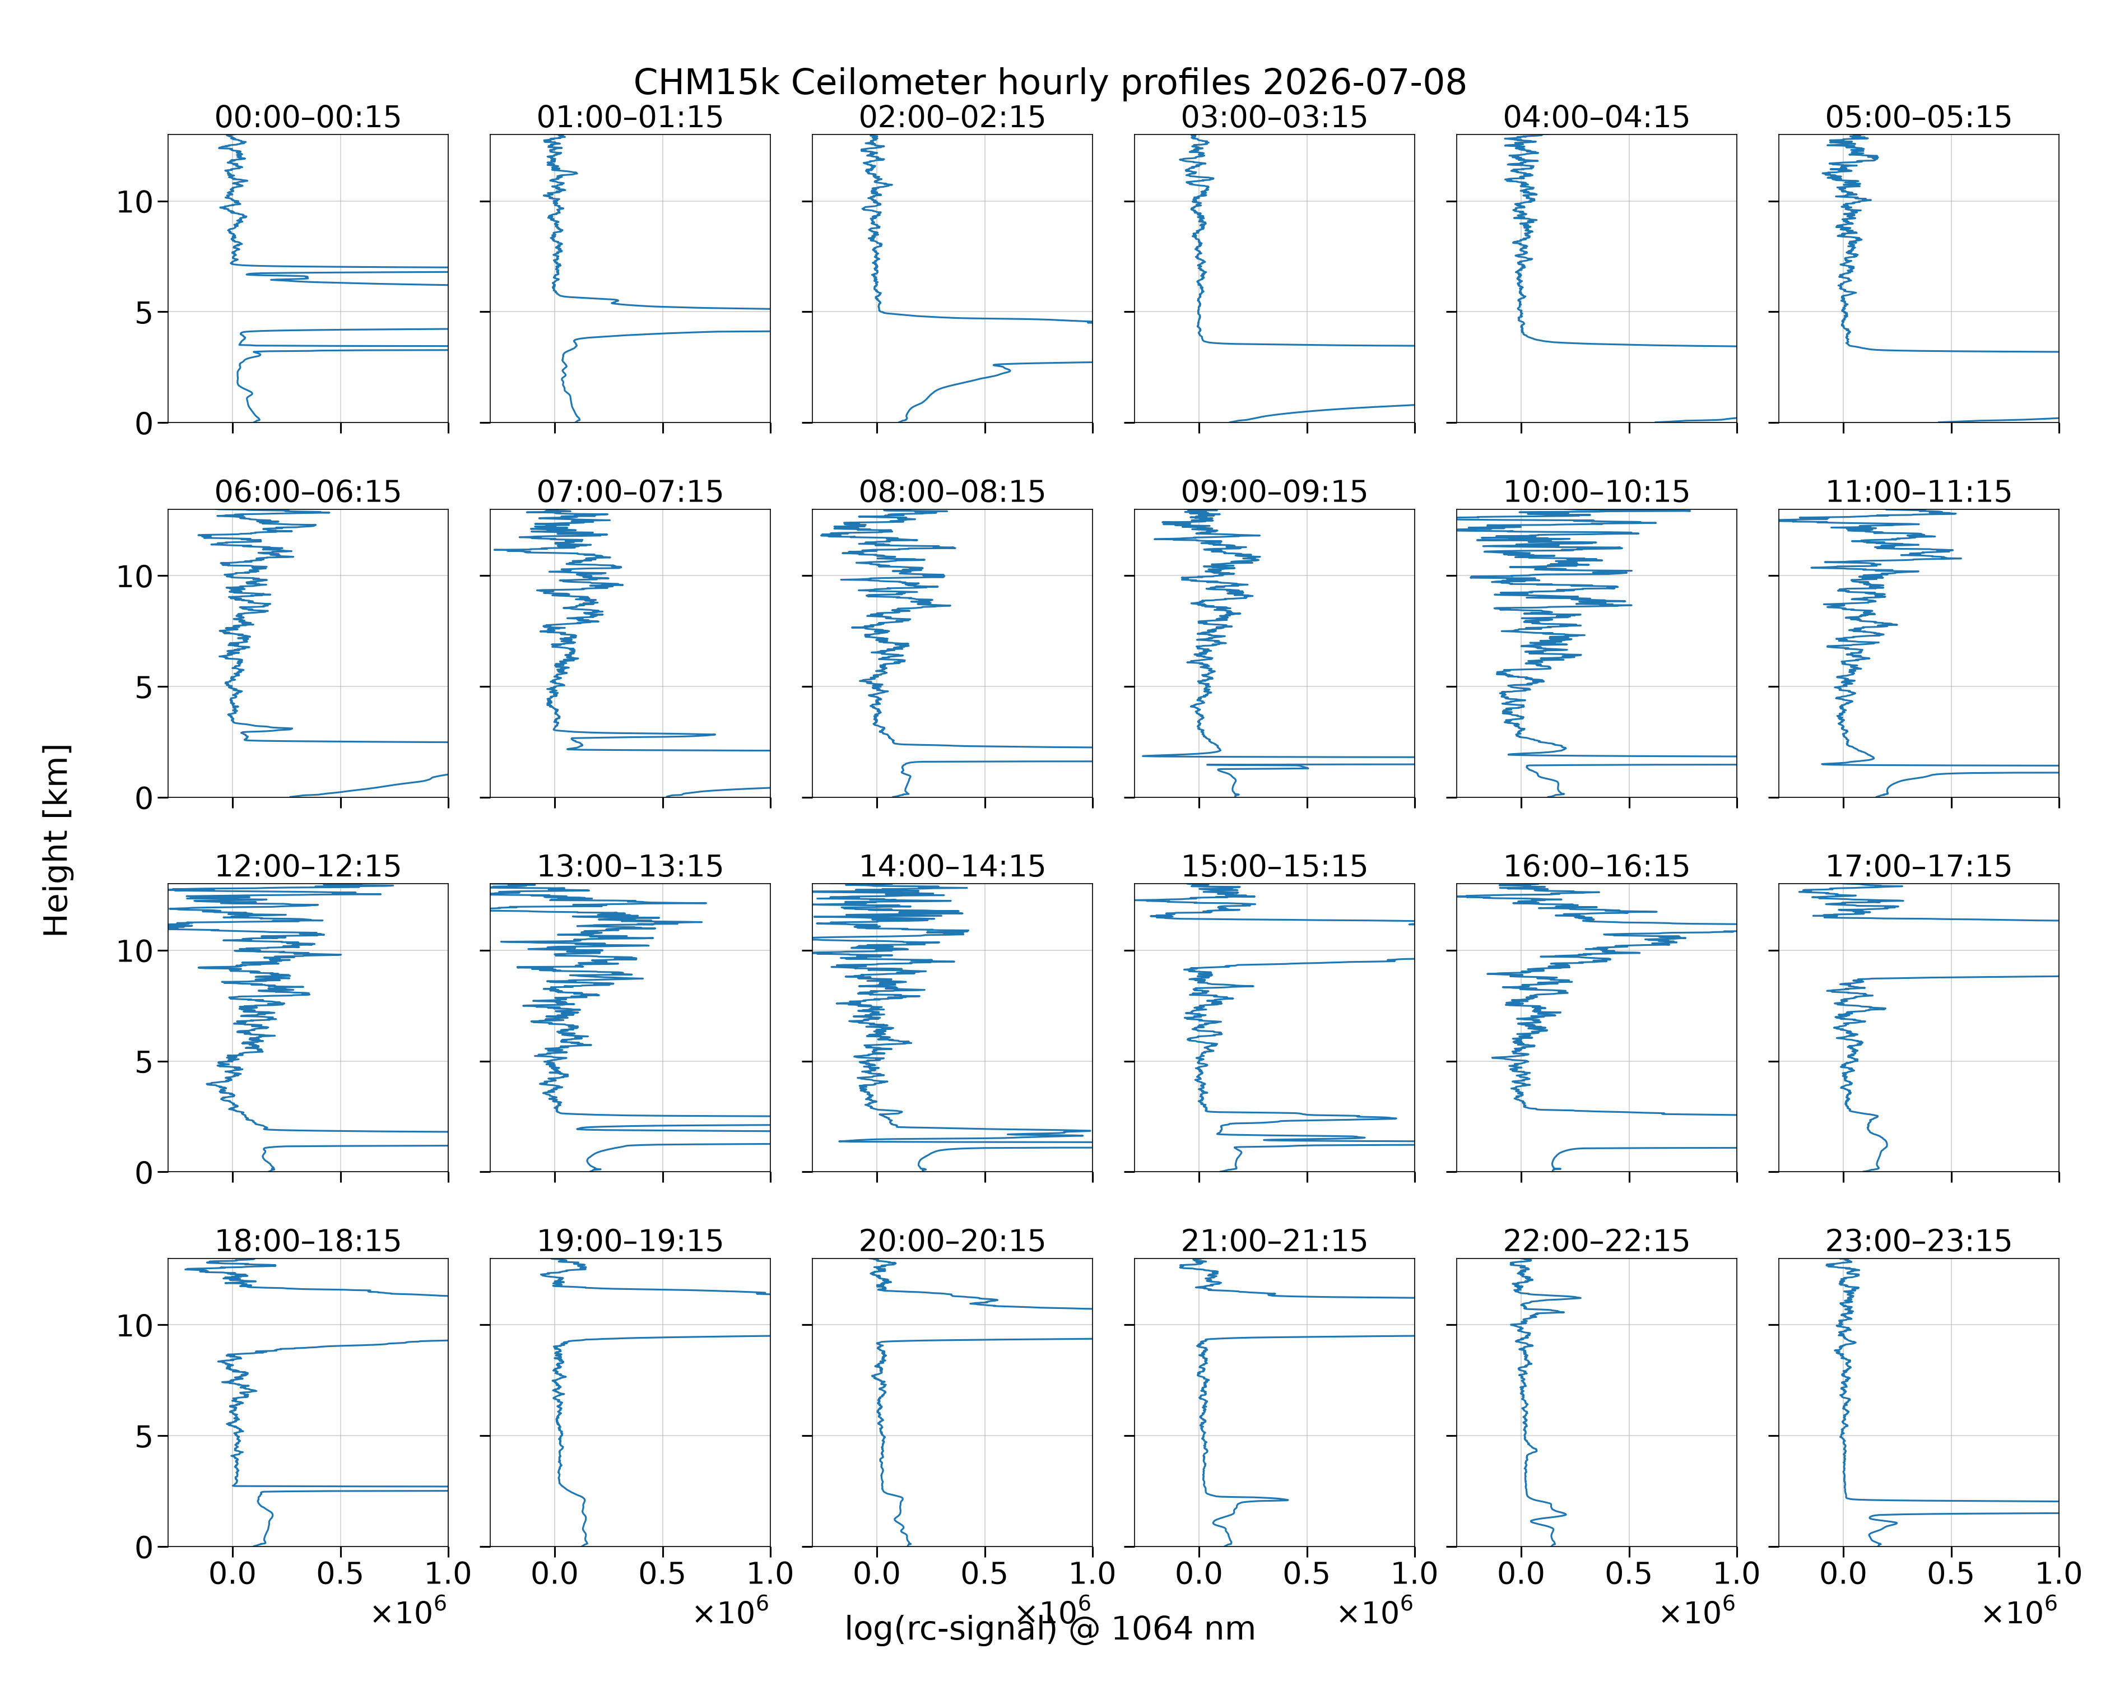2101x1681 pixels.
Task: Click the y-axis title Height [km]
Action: click(57, 840)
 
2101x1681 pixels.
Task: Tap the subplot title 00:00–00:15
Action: click(308, 117)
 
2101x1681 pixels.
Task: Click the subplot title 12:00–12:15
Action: click(308, 866)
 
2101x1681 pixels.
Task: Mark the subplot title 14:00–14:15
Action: click(952, 866)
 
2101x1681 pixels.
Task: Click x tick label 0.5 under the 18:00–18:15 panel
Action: click(340, 1574)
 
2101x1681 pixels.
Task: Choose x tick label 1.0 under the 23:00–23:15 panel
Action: click(2058, 1574)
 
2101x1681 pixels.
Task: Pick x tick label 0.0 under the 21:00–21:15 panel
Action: click(1198, 1574)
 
